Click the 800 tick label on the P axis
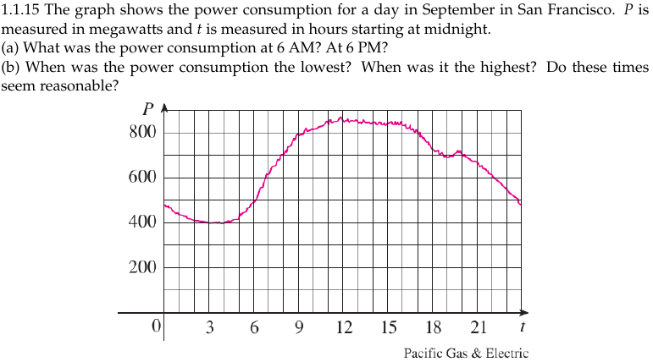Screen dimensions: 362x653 tap(141, 133)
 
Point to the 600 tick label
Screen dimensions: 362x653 tap(141, 178)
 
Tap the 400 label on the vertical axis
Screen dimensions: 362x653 tap(141, 222)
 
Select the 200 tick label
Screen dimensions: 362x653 tap(141, 268)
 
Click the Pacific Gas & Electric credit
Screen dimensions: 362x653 tap(466, 353)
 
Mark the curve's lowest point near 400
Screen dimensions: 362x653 tap(219, 223)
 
